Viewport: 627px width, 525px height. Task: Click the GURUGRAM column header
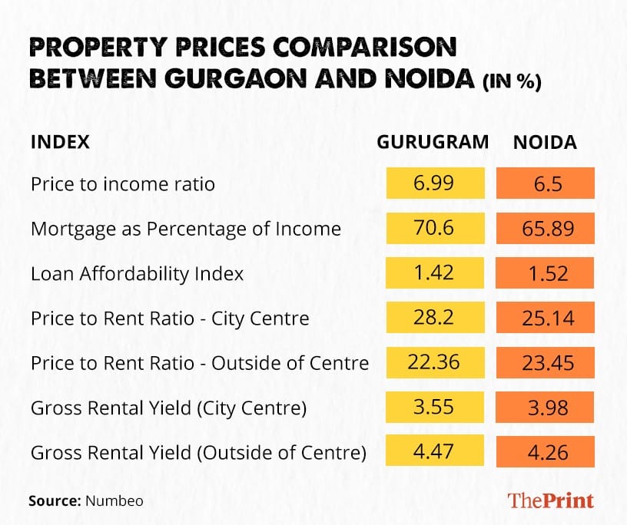433,142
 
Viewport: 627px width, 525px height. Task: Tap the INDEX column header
60,142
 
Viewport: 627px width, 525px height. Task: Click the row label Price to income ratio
123,184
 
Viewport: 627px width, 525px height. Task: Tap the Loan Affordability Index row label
137,273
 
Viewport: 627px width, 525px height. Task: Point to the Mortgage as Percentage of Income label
185,229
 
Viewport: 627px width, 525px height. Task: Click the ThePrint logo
550,500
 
